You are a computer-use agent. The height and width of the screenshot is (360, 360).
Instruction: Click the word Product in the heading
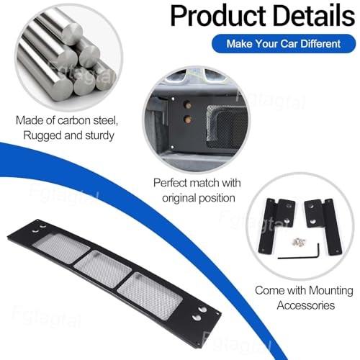[x=218, y=16]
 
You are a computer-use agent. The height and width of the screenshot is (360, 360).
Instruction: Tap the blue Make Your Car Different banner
[x=284, y=44]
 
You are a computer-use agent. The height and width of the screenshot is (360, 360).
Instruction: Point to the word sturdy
[x=99, y=136]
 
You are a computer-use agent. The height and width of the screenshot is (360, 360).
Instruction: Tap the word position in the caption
[x=217, y=199]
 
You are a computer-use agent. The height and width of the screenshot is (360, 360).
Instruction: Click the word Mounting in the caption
[x=331, y=291]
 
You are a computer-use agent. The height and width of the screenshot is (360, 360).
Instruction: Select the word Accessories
[x=306, y=305]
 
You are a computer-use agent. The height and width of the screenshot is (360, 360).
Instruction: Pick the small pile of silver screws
[x=299, y=242]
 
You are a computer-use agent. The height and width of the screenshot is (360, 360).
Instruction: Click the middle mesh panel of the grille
[x=103, y=269]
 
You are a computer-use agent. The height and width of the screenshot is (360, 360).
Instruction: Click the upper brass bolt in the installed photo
[x=187, y=105]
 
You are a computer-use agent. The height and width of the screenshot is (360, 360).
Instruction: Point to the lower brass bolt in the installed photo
[x=188, y=119]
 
